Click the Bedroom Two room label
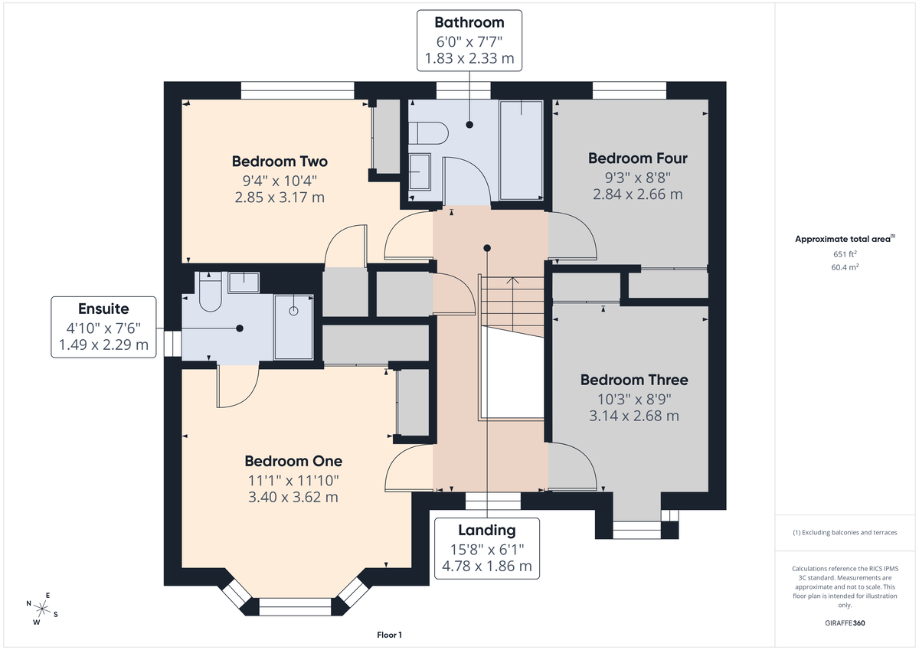point(280,162)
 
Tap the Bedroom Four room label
point(637,158)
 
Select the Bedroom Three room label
point(633,380)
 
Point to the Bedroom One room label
point(293,461)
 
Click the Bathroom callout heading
point(469,22)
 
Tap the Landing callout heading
point(486,530)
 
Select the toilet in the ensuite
point(210,293)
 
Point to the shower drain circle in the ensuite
point(293,312)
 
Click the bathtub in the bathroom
point(521,149)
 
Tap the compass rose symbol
point(42,609)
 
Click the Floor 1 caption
point(389,635)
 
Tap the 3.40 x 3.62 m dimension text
point(293,497)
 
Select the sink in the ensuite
point(244,282)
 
